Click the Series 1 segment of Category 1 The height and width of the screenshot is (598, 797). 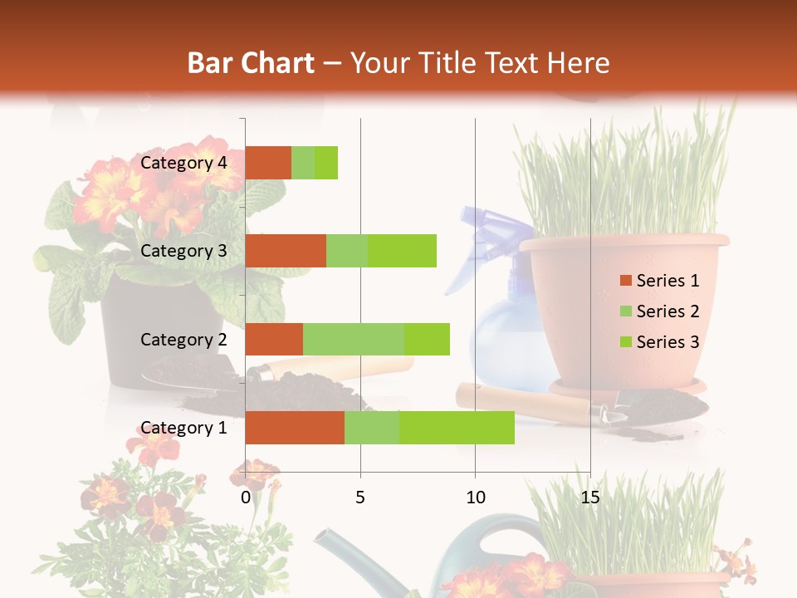pos(295,427)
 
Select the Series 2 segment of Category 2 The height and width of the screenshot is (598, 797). pos(354,339)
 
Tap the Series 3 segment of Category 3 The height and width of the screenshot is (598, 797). pos(402,251)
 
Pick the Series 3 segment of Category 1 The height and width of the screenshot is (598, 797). pos(457,427)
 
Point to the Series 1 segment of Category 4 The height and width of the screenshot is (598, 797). pos(268,163)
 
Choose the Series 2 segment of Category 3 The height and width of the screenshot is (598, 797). pos(347,251)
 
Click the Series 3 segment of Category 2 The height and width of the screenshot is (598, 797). pos(427,339)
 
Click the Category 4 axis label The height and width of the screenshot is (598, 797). pos(183,163)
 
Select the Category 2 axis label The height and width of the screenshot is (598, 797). pos(183,339)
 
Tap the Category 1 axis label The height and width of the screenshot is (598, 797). pos(183,428)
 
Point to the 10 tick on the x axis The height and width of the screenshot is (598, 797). pos(475,498)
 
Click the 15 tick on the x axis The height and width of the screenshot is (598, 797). pos(589,498)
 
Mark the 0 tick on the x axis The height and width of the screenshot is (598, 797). pos(246,498)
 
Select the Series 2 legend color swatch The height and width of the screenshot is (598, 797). pos(625,311)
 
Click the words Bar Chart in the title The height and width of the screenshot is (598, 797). pos(251,62)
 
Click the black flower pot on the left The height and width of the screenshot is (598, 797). pos(158,332)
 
